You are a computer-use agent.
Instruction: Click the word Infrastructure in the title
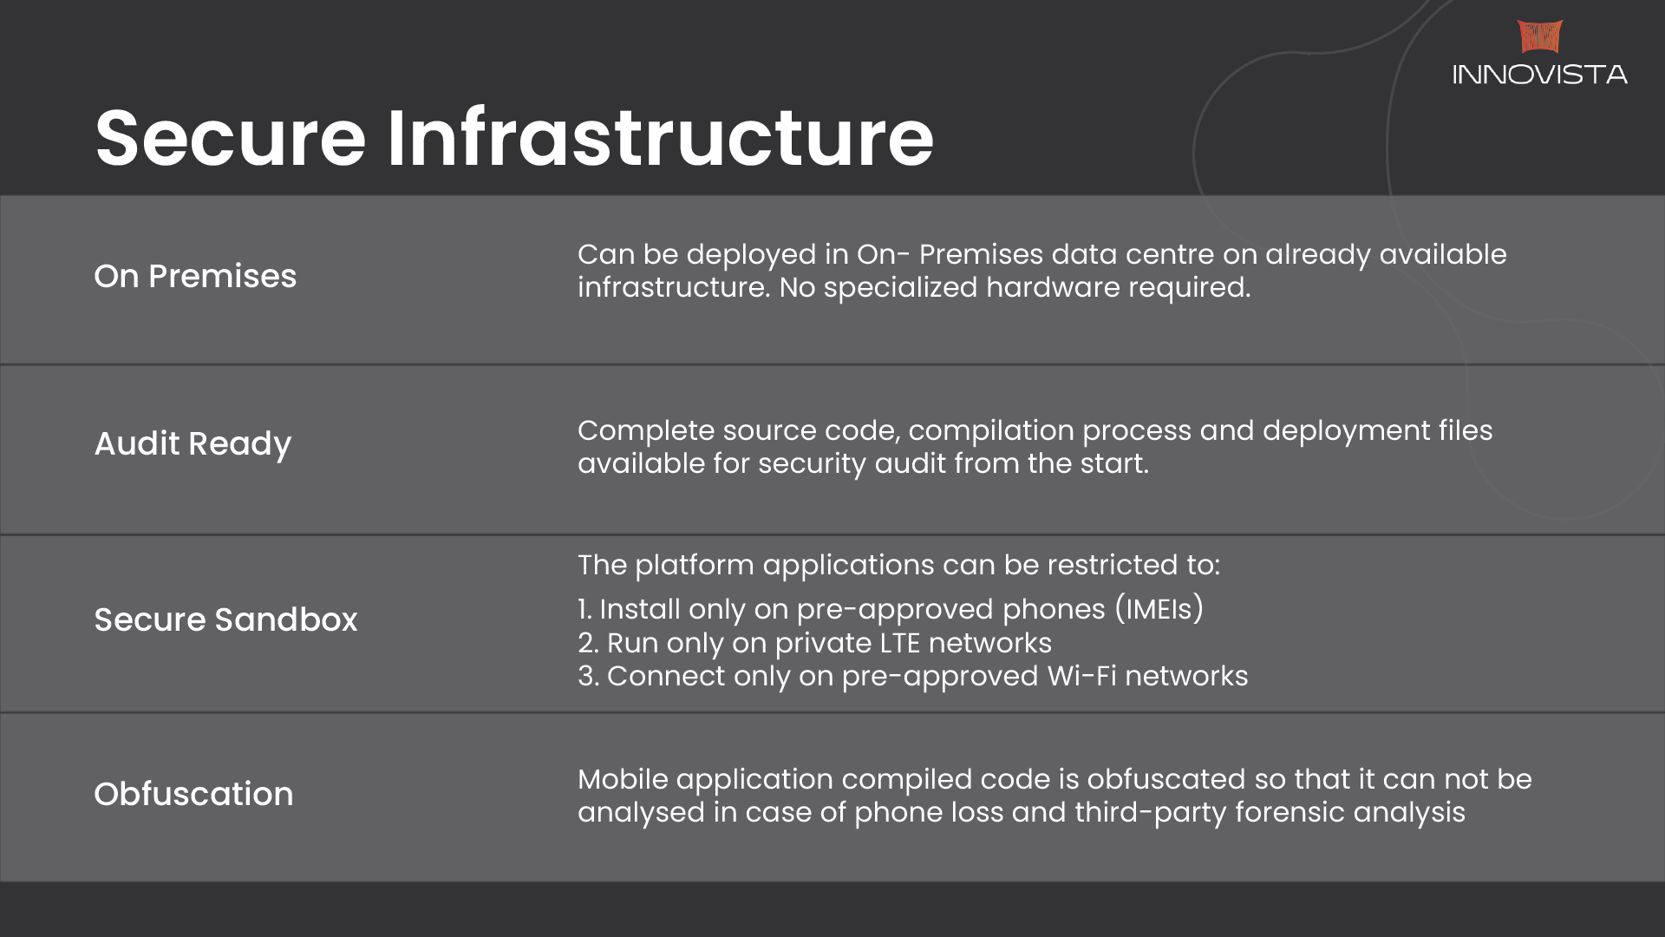[x=661, y=137]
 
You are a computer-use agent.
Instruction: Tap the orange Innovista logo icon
[x=1540, y=36]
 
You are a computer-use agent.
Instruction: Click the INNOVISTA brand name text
[x=1540, y=75]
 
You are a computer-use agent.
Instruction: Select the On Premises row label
[x=195, y=276]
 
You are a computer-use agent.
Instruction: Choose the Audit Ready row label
[x=193, y=444]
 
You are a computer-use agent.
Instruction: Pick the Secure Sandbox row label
[x=225, y=619]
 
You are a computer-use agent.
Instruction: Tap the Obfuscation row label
[x=193, y=794]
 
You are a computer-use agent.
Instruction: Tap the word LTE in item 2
[x=900, y=643]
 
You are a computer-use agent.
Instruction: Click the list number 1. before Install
[x=585, y=609]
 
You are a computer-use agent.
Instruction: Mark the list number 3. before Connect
[x=589, y=676]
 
